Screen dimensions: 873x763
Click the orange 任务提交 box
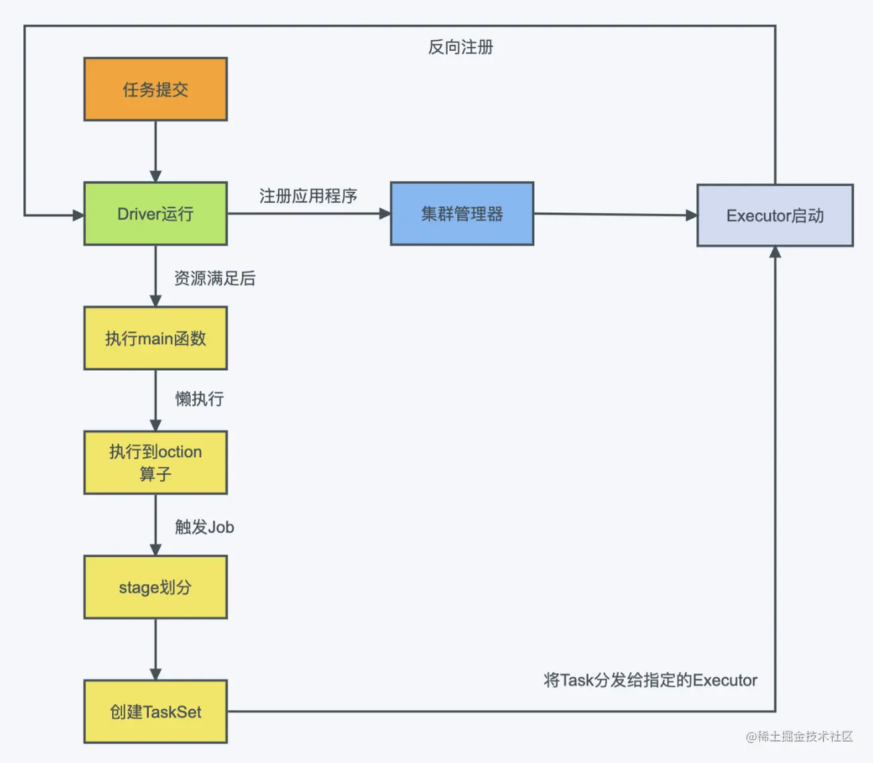pyautogui.click(x=155, y=89)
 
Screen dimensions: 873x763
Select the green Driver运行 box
pyautogui.click(x=155, y=214)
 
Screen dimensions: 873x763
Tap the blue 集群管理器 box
pyautogui.click(x=462, y=214)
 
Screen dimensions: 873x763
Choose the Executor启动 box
pyautogui.click(x=775, y=216)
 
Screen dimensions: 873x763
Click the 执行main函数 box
pyautogui.click(x=155, y=338)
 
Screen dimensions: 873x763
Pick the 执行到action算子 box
pyautogui.click(x=155, y=462)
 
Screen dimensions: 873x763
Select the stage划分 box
pyautogui.click(x=155, y=587)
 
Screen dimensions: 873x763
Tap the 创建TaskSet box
pyautogui.click(x=155, y=712)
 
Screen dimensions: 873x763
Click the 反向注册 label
pyautogui.click(x=461, y=47)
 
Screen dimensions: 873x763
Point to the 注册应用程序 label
pyautogui.click(x=308, y=196)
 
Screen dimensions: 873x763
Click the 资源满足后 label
pyautogui.click(x=215, y=278)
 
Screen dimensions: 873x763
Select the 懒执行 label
pyautogui.click(x=200, y=399)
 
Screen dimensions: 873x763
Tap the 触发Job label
pyautogui.click(x=204, y=527)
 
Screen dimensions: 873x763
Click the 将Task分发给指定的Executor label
pyautogui.click(x=650, y=680)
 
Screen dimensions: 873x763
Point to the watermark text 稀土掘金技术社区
pyautogui.click(x=799, y=736)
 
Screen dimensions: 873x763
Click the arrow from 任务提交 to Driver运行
pyautogui.click(x=155, y=151)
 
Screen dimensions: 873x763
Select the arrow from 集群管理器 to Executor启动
pyautogui.click(x=616, y=215)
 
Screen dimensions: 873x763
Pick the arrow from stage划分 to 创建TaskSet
pyautogui.click(x=155, y=649)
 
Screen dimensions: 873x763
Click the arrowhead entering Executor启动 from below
pyautogui.click(x=775, y=252)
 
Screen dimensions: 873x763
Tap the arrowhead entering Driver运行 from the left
pyautogui.click(x=78, y=216)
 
